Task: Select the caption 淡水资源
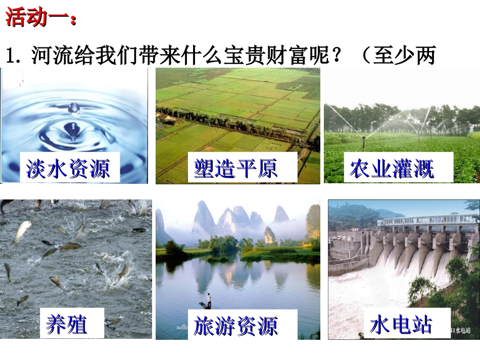pyautogui.click(x=68, y=168)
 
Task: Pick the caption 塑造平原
pyautogui.click(x=235, y=168)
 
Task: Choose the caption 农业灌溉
pyautogui.click(x=392, y=168)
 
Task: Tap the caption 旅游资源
pyautogui.click(x=235, y=326)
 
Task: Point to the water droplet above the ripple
pyautogui.click(x=74, y=107)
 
